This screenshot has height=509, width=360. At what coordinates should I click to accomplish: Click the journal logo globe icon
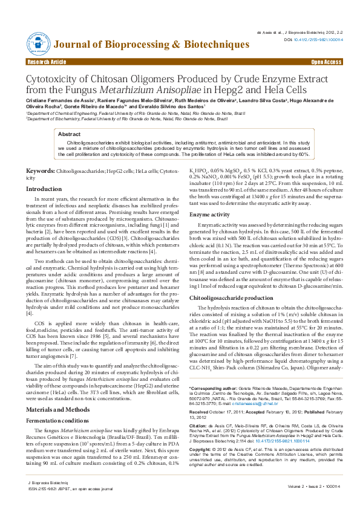coord(38,44)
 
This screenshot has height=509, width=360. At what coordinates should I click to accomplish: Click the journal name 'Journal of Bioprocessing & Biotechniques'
coord(152,45)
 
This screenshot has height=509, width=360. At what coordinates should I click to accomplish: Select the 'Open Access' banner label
coord(326,62)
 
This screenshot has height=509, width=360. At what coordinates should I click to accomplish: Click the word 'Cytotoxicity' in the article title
coord(55,80)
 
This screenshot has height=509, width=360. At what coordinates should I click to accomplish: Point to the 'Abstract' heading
coord(69,134)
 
